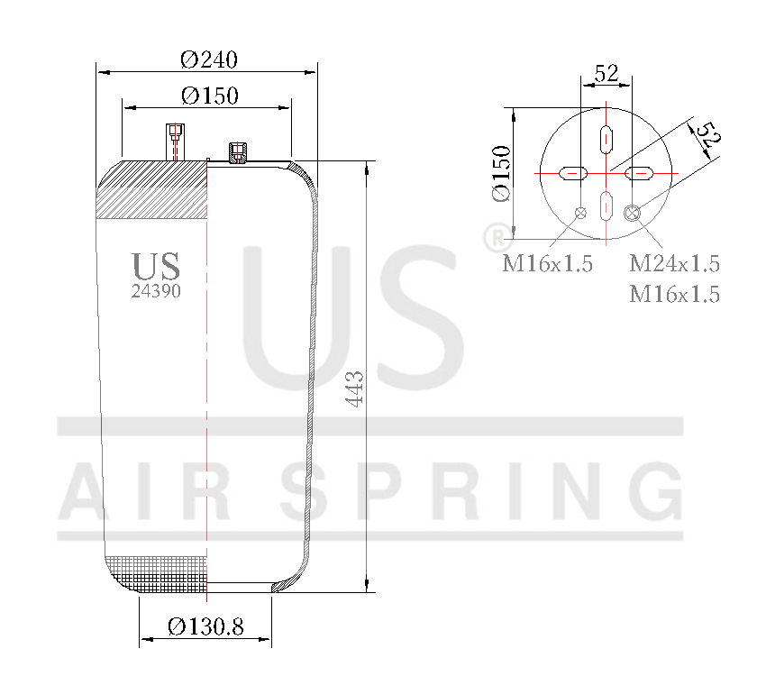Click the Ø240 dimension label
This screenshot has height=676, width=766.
pyautogui.click(x=208, y=59)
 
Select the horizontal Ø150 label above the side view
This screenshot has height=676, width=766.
pyautogui.click(x=209, y=96)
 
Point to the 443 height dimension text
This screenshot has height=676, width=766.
pyautogui.click(x=354, y=388)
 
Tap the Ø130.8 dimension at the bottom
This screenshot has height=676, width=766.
pyautogui.click(x=205, y=626)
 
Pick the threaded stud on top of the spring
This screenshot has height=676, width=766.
pyautogui.click(x=174, y=141)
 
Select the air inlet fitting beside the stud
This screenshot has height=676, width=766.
pyautogui.click(x=238, y=152)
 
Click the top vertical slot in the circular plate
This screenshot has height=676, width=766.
pyautogui.click(x=606, y=139)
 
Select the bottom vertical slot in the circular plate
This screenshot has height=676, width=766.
pyautogui.click(x=606, y=206)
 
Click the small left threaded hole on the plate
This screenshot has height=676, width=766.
pyautogui.click(x=580, y=213)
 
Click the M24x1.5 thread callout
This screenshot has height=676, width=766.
pyautogui.click(x=674, y=264)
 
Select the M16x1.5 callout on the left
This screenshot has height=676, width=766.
pyautogui.click(x=547, y=264)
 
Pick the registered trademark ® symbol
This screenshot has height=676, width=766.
pyautogui.click(x=494, y=238)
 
